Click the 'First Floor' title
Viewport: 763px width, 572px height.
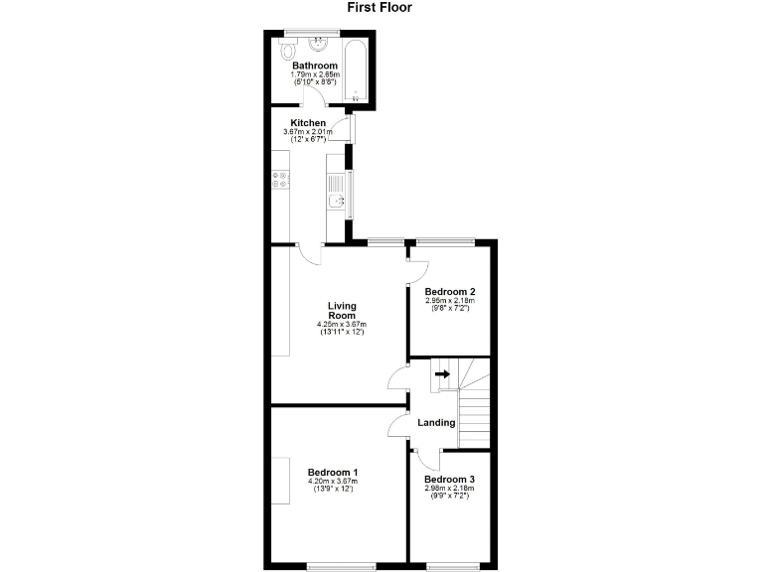379,8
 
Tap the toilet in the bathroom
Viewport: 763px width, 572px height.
289,50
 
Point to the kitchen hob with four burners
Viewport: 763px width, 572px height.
280,180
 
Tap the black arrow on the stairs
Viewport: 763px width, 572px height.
442,374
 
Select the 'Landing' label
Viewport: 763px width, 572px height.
436,422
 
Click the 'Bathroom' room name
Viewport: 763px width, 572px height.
314,66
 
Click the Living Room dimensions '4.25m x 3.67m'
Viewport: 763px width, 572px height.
342,324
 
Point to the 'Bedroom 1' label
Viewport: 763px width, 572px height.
333,472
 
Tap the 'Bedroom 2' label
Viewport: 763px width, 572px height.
449,291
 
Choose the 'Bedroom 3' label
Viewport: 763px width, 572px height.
449,479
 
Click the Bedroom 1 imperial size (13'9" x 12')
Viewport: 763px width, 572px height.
333,490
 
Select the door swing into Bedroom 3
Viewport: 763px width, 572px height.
427,459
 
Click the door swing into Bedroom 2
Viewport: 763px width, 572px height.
418,271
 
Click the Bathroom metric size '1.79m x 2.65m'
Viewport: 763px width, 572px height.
314,74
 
